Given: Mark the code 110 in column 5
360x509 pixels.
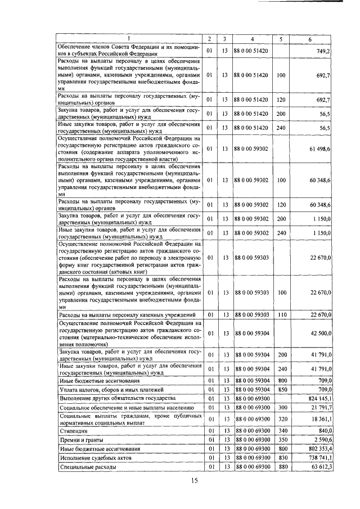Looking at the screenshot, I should click(282, 314).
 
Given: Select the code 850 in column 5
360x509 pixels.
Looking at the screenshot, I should click(282, 389).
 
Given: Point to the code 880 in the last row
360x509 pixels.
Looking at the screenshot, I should click(282, 467).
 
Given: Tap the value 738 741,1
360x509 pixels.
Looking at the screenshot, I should click(318, 458).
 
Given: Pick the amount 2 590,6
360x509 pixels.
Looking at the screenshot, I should click(322, 440).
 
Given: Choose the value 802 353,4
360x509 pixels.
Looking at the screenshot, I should click(318, 449).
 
